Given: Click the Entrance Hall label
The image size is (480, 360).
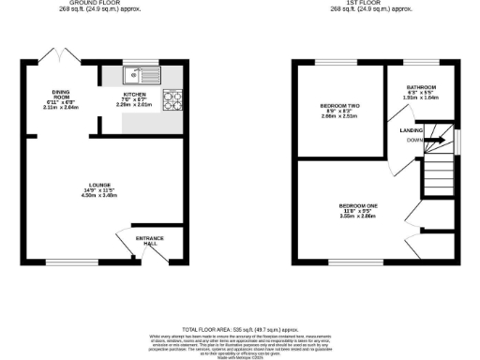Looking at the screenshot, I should (x=150, y=240).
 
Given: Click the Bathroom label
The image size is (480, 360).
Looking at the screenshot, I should (x=420, y=87).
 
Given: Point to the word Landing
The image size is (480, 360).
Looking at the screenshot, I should (x=411, y=130).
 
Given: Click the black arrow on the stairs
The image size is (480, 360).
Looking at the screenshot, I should (x=434, y=141).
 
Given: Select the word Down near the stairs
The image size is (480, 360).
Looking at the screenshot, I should (x=413, y=142).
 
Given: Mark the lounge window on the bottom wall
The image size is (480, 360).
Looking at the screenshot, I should (x=64, y=261).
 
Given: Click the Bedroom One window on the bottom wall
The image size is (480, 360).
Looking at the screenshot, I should (x=343, y=261).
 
